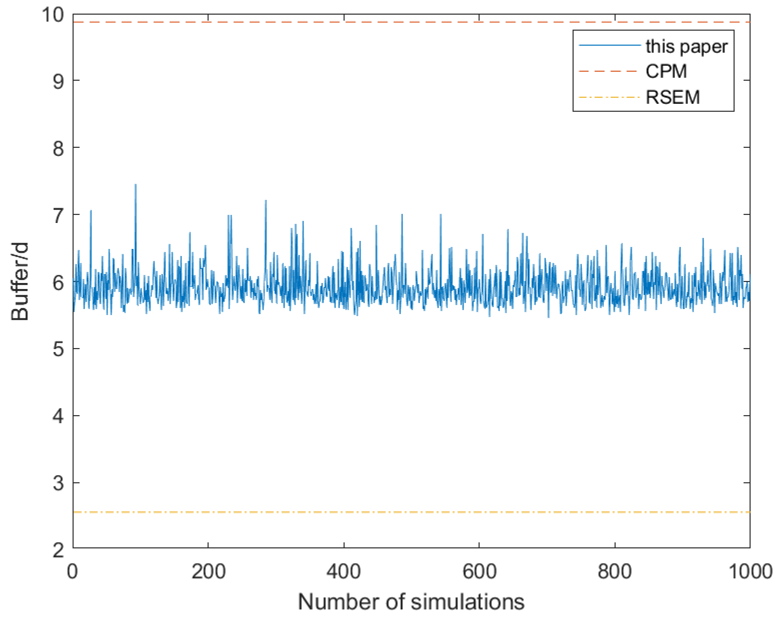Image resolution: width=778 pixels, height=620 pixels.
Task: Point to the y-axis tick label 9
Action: click(x=58, y=81)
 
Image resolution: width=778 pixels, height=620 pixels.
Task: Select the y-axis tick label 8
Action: click(x=58, y=148)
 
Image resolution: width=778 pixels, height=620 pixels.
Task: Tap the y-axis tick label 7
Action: click(x=58, y=216)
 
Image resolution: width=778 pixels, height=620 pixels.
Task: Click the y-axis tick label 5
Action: click(x=58, y=349)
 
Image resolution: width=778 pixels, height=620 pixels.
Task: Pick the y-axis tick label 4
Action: click(x=58, y=416)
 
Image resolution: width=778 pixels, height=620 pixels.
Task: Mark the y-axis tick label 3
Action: click(x=58, y=484)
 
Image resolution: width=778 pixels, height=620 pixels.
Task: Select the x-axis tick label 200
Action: click(x=208, y=572)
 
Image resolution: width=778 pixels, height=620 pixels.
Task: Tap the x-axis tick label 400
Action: click(x=344, y=572)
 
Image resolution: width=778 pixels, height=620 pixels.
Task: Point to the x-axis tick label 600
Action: click(x=479, y=572)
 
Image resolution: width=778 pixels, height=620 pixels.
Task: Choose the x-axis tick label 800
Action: click(x=615, y=572)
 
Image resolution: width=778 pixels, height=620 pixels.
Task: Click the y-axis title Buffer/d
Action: click(x=20, y=282)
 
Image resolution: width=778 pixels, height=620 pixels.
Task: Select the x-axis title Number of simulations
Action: click(x=411, y=602)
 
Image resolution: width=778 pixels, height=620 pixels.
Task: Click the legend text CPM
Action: click(x=666, y=71)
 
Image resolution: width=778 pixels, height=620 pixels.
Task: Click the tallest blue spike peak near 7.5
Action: click(x=135, y=184)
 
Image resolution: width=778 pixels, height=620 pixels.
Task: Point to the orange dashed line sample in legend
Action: click(x=608, y=71)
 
